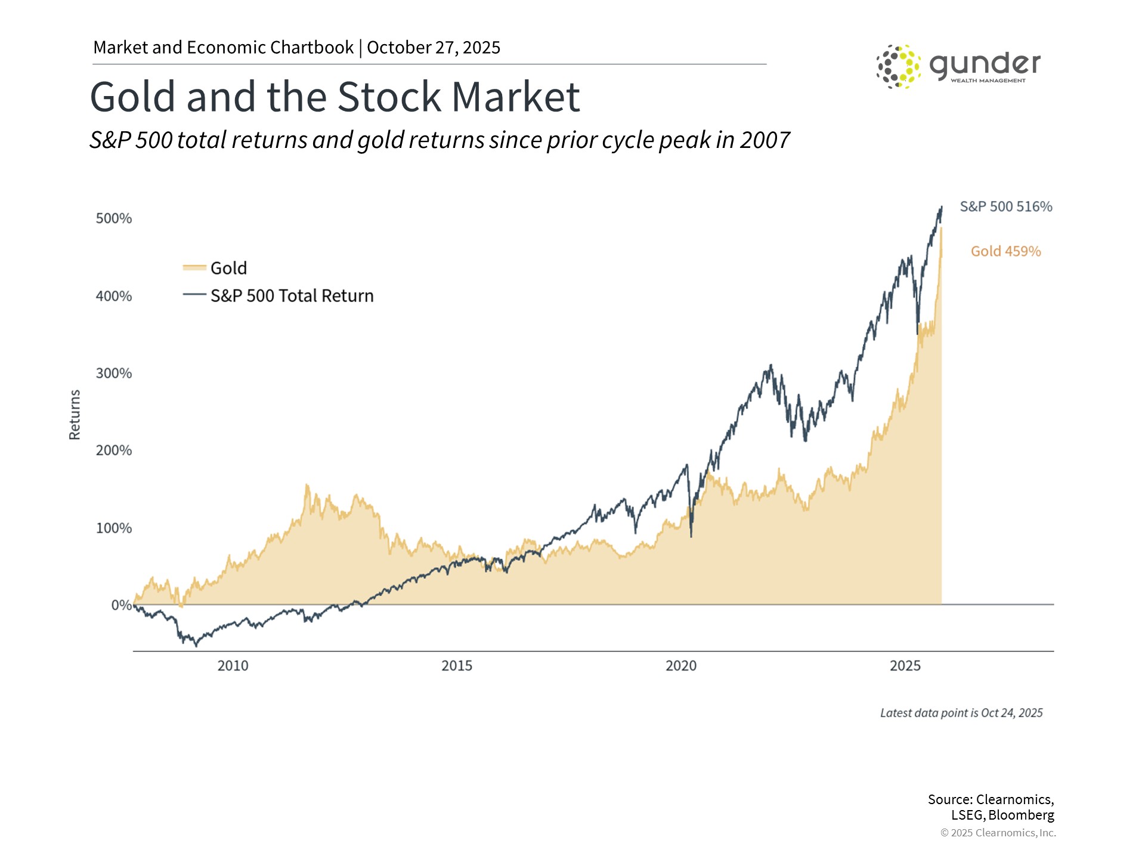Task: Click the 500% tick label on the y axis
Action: tap(113, 218)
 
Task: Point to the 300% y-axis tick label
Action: tap(113, 373)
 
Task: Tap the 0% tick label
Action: tap(121, 605)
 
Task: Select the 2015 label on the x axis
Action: tap(456, 666)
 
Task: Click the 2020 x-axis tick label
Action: tap(680, 666)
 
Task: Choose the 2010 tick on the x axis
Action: tap(233, 666)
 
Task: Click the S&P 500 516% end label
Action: tap(1005, 207)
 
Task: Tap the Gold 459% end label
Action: tap(1005, 251)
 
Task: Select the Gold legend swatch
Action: tap(194, 268)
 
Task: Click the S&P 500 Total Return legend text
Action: tap(292, 296)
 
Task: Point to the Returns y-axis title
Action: tap(75, 415)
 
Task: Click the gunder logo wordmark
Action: tap(985, 64)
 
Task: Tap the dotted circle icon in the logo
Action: tap(898, 66)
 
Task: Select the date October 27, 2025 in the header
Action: tap(434, 48)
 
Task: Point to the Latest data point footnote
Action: tap(961, 713)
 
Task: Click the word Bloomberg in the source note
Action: tap(1021, 815)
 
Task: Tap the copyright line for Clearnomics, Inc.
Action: tap(998, 833)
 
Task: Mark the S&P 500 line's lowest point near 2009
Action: tap(196, 645)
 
